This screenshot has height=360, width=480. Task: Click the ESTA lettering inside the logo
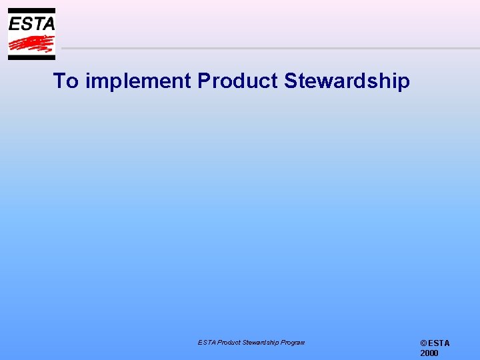(31, 24)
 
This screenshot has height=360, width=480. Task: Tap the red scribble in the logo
(31, 44)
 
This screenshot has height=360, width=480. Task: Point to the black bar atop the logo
(31, 11)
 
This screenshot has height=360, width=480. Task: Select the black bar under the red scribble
(31, 57)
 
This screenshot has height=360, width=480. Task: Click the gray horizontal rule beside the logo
(267, 48)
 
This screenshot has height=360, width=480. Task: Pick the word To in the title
(65, 81)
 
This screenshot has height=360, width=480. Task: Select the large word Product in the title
(237, 81)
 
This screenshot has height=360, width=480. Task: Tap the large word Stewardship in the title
(347, 82)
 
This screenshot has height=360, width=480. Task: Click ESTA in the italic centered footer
(206, 343)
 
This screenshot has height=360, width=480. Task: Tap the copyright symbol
(423, 343)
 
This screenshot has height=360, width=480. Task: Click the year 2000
(429, 353)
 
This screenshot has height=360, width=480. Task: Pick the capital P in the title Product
(203, 81)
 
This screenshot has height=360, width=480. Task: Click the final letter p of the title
(403, 84)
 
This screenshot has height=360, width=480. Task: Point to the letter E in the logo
(15, 24)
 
